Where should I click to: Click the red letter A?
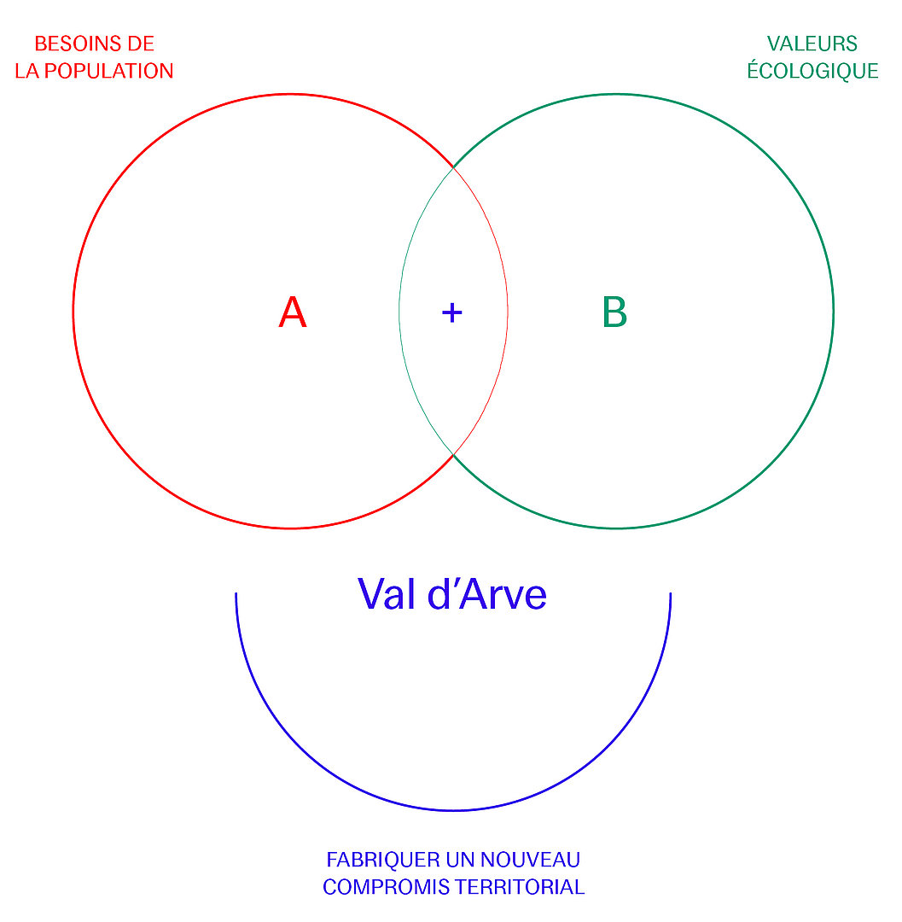click(293, 312)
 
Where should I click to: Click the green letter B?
click(614, 312)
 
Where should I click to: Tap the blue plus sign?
click(452, 312)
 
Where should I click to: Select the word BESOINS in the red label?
click(71, 44)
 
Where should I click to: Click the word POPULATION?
click(108, 71)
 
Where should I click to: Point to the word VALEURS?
click(812, 44)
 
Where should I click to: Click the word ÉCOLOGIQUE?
click(812, 70)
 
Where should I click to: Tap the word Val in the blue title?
click(386, 594)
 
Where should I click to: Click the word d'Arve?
click(487, 594)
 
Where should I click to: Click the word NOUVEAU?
click(531, 860)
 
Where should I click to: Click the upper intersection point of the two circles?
click(453, 168)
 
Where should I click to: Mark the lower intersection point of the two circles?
click(453, 454)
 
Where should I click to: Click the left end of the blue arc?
click(236, 593)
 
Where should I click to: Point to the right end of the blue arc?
click(671, 593)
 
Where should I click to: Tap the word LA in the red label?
click(27, 71)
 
